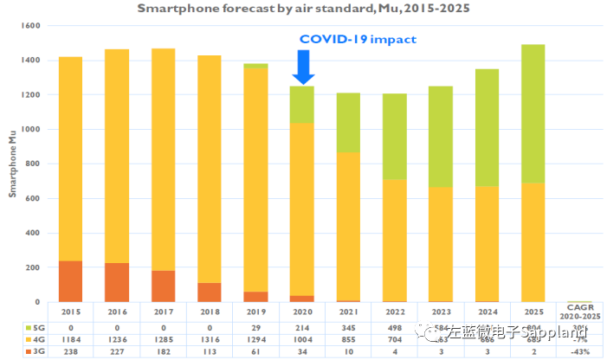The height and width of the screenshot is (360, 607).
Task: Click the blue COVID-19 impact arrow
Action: click(303, 66)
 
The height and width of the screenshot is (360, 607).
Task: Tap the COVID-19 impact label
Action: click(358, 40)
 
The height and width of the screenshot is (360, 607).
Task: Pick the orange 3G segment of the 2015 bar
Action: click(71, 280)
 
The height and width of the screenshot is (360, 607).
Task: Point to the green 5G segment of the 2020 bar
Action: click(303, 104)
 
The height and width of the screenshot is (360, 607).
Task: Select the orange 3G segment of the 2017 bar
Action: click(164, 286)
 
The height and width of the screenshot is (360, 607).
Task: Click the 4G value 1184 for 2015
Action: click(71, 340)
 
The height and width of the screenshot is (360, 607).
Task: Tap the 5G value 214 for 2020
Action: click(303, 328)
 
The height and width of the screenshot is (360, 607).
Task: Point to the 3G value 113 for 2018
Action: click(210, 352)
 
